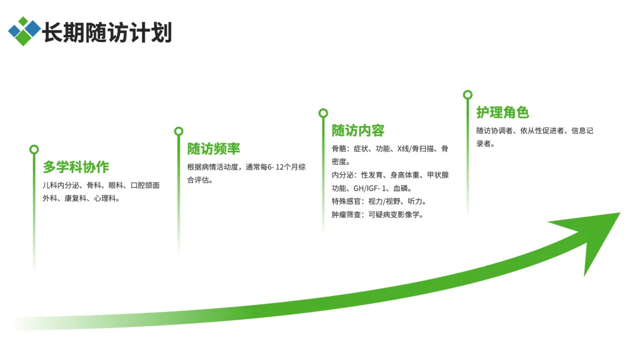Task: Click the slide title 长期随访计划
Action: click(x=106, y=33)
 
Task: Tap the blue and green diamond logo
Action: click(x=24, y=31)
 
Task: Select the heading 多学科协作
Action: click(x=76, y=167)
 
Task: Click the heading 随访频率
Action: click(x=214, y=149)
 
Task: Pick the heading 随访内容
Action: click(x=358, y=130)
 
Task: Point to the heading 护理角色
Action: click(x=502, y=112)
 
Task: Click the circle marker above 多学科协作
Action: click(x=34, y=150)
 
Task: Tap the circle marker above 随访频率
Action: click(x=179, y=131)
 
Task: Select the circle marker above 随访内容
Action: click(x=323, y=113)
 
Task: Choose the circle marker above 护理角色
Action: click(x=467, y=95)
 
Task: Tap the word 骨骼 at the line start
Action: click(x=340, y=149)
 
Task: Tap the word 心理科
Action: click(x=106, y=199)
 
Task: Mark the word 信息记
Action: click(x=582, y=130)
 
